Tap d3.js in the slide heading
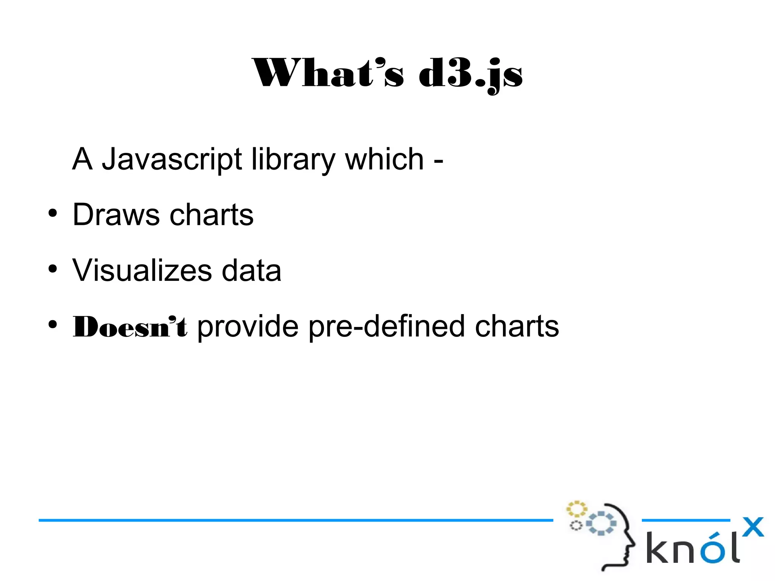tap(470, 74)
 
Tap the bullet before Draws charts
tap(53, 213)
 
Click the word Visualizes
tap(142, 270)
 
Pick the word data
tap(251, 270)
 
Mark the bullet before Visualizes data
tap(53, 269)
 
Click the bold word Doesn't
tap(130, 326)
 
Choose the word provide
tap(248, 326)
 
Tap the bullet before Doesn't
tap(53, 324)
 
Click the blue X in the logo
tap(753, 527)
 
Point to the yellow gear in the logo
tap(576, 509)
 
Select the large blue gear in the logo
tap(601, 523)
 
